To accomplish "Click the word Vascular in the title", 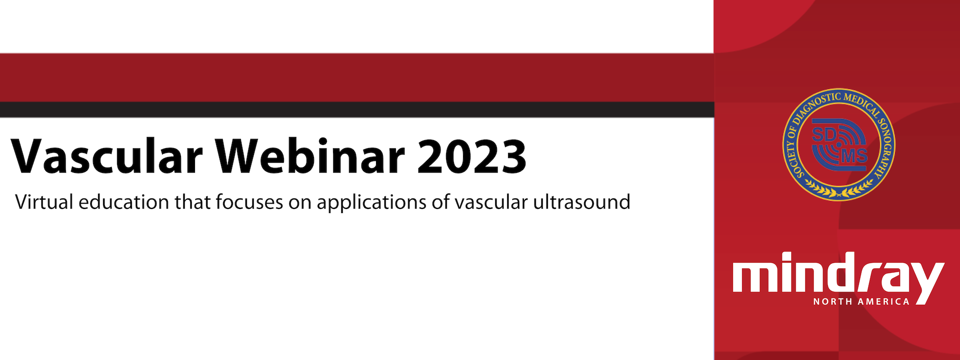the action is coord(106,156).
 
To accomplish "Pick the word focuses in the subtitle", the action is coord(249,202).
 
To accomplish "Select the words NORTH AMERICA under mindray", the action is coord(861,301).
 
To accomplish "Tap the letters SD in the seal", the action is coord(823,134).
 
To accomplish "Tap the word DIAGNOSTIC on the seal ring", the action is coord(814,106).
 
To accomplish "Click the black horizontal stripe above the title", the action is coord(356,109).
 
